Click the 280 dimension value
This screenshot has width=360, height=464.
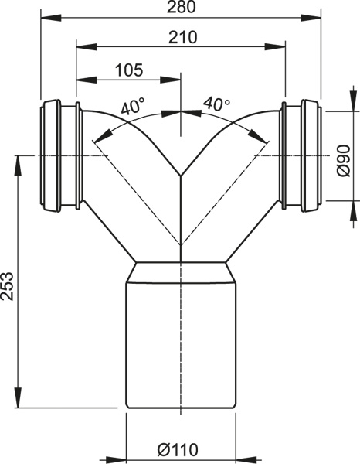click(181, 7)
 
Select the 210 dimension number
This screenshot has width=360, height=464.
click(182, 37)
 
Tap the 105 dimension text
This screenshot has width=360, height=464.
click(129, 70)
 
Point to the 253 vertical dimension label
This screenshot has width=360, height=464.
click(8, 286)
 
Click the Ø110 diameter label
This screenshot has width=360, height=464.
click(178, 450)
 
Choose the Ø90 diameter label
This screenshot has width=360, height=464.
click(344, 161)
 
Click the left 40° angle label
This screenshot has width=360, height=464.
click(133, 107)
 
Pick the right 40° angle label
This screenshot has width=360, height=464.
click(216, 104)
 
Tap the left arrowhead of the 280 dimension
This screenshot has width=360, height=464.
click(51, 18)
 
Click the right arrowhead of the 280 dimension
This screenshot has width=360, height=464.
click(311, 18)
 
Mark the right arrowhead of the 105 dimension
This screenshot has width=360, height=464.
click(170, 80)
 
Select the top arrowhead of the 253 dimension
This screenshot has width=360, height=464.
click(19, 165)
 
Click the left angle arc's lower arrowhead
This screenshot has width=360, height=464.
click(100, 136)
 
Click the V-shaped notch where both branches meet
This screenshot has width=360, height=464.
click(181, 176)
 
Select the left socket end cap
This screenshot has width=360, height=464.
click(50, 155)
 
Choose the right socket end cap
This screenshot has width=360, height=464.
click(311, 155)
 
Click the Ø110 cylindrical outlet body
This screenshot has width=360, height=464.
click(181, 345)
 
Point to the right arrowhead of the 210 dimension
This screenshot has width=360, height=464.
click(275, 46)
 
